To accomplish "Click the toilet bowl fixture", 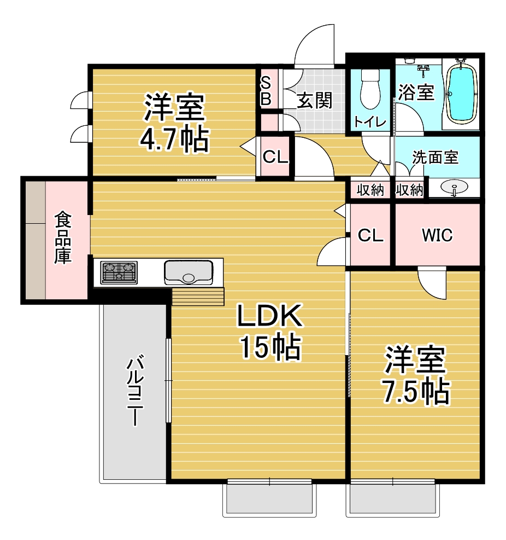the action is coord(370,89).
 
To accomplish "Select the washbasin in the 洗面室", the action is coord(454,188).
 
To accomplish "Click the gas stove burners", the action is coord(119,272).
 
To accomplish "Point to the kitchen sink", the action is coord(188,272).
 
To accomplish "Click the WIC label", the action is coord(437,235).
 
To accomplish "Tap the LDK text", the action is coord(270,316).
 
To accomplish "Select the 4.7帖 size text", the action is coord(174,140).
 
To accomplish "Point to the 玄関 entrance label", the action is coord(314,101).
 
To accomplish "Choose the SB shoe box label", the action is coord(266,91).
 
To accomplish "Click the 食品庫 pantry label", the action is coord(63,239).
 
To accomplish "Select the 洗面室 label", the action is coord(435,158).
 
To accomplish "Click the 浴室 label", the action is coord(416,92).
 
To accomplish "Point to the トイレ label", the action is coord(370,121).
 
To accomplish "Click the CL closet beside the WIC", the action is coord(370,236).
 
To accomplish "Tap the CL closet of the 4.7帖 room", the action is coord(275,157).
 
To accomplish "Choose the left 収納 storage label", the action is coord(370,190).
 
